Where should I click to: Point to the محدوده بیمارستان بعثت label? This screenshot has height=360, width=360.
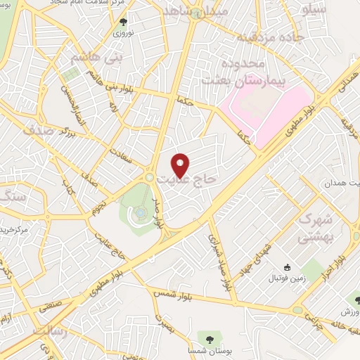[231, 72]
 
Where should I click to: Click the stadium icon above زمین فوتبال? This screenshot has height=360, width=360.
[287, 267]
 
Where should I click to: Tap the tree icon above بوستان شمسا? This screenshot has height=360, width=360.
[209, 337]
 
